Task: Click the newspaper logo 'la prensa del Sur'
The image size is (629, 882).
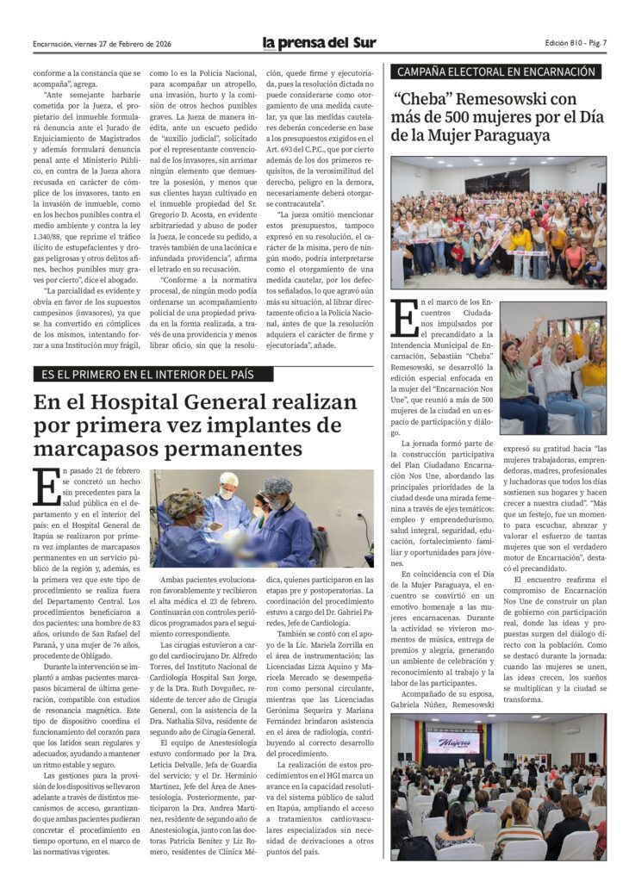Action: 320,43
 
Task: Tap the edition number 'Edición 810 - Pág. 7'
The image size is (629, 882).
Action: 576,43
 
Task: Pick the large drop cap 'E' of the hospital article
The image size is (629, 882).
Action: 46,488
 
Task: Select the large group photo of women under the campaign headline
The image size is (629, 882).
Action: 498,222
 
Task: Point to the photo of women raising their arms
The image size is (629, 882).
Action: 552,368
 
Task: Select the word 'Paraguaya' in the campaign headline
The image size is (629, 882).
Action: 509,135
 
